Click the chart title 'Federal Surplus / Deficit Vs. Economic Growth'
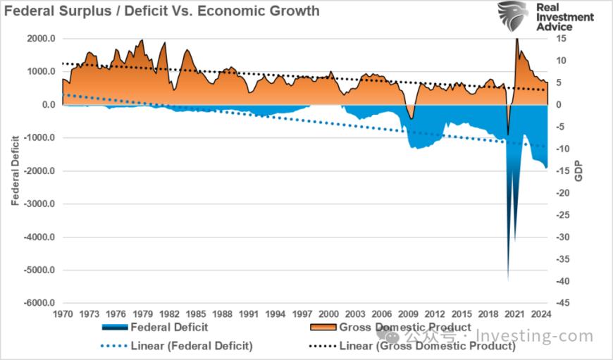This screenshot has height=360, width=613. (x=161, y=11)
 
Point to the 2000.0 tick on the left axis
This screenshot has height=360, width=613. (x=42, y=38)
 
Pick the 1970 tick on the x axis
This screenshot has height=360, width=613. (x=63, y=314)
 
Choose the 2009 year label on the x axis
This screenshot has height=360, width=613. (x=408, y=314)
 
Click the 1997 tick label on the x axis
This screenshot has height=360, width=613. (x=302, y=314)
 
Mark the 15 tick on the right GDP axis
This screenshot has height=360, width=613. (x=562, y=38)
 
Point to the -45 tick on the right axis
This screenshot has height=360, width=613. (x=563, y=303)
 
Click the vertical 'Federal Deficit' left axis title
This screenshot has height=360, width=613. (x=15, y=170)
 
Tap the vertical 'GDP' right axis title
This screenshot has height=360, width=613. (x=578, y=170)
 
